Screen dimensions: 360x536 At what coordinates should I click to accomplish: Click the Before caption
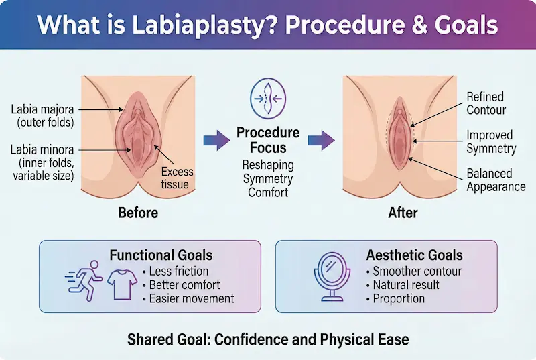pos(138,213)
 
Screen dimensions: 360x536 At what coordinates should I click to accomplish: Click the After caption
pos(403,213)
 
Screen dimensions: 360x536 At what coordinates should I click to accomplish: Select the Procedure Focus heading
pos(268,139)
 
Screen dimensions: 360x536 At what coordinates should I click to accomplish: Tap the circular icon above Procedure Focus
pos(267,97)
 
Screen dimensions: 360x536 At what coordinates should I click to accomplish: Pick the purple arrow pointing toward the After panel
pos(320,141)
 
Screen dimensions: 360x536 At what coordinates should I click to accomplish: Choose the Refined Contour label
pos(486,103)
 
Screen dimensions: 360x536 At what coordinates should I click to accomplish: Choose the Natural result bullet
pos(405,285)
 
